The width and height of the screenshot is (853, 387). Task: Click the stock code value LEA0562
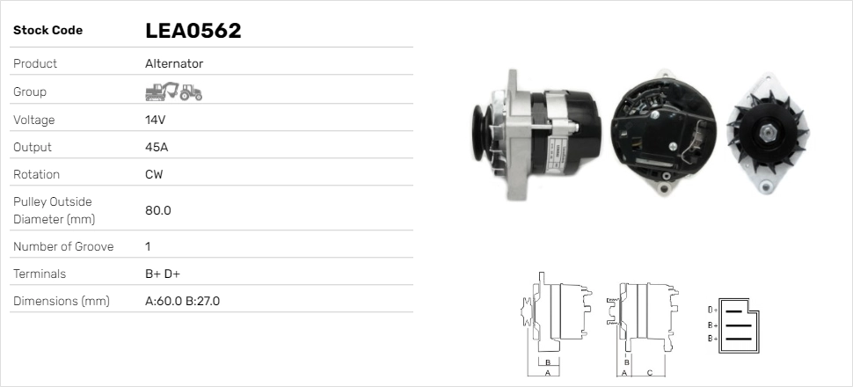point(193,31)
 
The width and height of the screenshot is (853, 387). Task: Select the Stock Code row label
point(47,31)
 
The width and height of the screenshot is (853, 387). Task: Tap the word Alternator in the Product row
point(174,64)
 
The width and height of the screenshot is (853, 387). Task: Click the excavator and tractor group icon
point(173,91)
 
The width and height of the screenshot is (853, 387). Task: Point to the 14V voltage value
point(156,120)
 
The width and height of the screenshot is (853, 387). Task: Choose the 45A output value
point(157,147)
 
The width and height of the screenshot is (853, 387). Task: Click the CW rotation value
point(154,174)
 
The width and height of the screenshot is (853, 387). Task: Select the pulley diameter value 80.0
point(157,210)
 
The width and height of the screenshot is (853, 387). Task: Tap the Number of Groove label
point(63,246)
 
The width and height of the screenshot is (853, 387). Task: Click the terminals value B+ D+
point(163,274)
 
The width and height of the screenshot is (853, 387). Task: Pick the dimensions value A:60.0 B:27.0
point(182,301)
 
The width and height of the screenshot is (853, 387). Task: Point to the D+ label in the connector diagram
point(713,310)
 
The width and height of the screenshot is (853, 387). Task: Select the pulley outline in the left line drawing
point(528,312)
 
